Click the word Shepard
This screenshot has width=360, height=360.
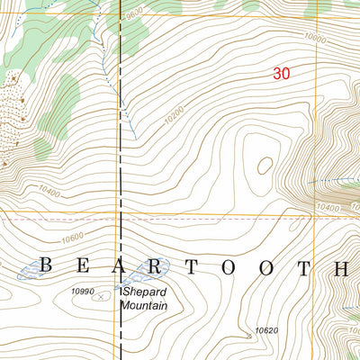[148, 293]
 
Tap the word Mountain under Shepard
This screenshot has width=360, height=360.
[145, 306]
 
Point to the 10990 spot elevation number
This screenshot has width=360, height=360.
[82, 291]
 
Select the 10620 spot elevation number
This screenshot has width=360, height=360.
[266, 331]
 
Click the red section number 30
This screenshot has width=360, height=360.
[281, 75]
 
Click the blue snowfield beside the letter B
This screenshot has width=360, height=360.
[27, 268]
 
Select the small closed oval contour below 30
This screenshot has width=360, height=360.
[265, 165]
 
